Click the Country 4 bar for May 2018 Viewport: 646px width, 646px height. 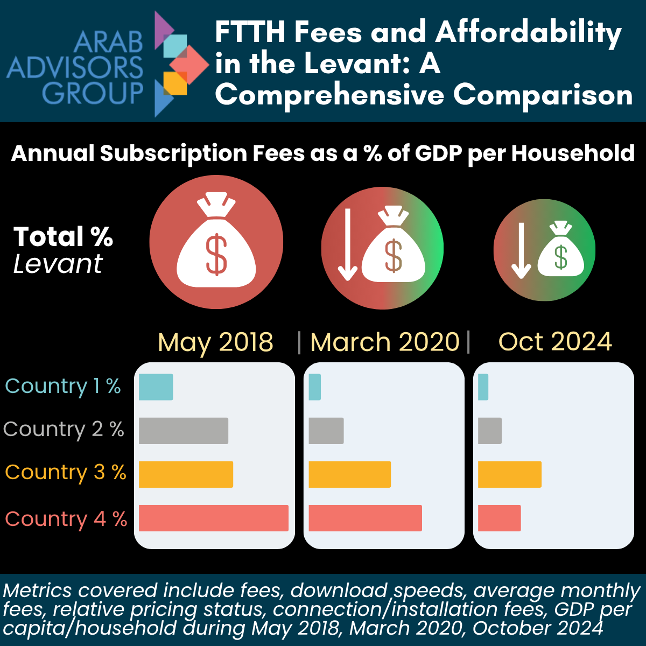tap(214, 518)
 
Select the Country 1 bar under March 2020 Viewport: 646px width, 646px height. tap(314, 387)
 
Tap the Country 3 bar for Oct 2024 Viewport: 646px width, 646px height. tap(509, 474)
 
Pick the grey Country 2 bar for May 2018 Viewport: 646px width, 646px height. tap(184, 431)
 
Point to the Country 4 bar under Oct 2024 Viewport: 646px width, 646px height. tap(499, 518)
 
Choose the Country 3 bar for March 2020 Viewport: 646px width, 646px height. tap(349, 474)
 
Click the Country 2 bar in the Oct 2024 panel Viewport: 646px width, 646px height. tap(489, 431)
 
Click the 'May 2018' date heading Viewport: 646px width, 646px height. tap(215, 342)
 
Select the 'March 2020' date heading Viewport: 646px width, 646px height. tap(385, 342)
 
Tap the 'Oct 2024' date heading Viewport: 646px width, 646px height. tap(555, 342)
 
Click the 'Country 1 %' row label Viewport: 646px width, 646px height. tap(63, 386)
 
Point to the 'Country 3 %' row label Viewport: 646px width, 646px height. tap(65, 472)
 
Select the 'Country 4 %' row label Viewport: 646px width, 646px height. tap(66, 519)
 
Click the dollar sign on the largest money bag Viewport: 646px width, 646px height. tap(216, 255)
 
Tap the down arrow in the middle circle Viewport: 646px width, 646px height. tap(348, 245)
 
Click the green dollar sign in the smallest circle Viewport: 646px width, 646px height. tap(561, 257)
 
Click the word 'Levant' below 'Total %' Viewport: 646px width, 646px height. tap(58, 264)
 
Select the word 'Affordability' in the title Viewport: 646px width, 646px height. tap(528, 32)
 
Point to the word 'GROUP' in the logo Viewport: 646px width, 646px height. tap(93, 94)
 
